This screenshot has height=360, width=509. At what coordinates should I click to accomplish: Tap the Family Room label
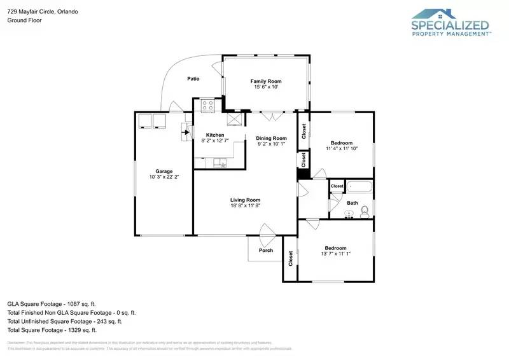(x=266, y=81)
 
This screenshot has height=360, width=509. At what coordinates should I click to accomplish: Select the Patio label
(x=193, y=79)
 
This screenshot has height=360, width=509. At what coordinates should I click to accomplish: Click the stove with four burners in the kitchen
(x=208, y=106)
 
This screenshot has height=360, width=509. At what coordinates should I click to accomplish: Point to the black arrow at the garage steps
(x=187, y=132)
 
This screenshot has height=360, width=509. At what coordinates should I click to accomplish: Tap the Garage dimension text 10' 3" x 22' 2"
(x=164, y=177)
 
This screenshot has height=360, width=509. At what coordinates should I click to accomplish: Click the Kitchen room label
(x=214, y=135)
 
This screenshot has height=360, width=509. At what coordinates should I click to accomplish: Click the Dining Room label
(x=272, y=138)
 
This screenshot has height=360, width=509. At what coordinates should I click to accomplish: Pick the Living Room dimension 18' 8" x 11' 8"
(x=246, y=205)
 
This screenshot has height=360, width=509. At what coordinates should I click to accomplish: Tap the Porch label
(x=266, y=250)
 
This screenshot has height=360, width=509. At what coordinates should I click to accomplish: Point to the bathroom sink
(x=348, y=214)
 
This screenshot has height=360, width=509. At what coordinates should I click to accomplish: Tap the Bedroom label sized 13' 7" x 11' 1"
(x=335, y=248)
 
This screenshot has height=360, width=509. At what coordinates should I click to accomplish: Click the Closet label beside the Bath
(x=337, y=186)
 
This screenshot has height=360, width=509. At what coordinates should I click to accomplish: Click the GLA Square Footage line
(x=52, y=304)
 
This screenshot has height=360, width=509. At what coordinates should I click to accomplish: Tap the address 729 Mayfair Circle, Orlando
(x=43, y=11)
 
